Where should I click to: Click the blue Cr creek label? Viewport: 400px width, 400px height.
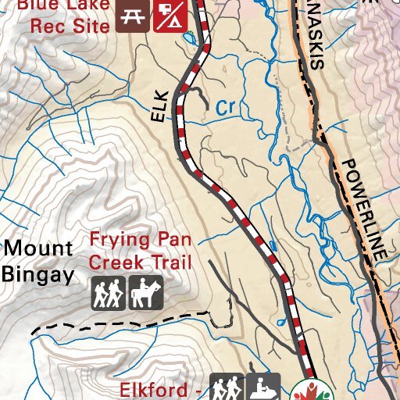tap(226, 107)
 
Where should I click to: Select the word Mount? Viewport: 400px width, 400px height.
tap(38, 249)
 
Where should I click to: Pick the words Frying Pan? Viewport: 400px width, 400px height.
tap(130, 239)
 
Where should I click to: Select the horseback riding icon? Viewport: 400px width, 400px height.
tap(145, 293)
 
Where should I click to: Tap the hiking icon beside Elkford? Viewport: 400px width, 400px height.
tap(227, 387)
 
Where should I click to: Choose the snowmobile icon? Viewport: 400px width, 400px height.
tap(264, 387)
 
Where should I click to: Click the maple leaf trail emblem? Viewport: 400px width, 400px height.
tap(312, 391)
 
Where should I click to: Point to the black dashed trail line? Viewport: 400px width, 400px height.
tap(117, 319)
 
